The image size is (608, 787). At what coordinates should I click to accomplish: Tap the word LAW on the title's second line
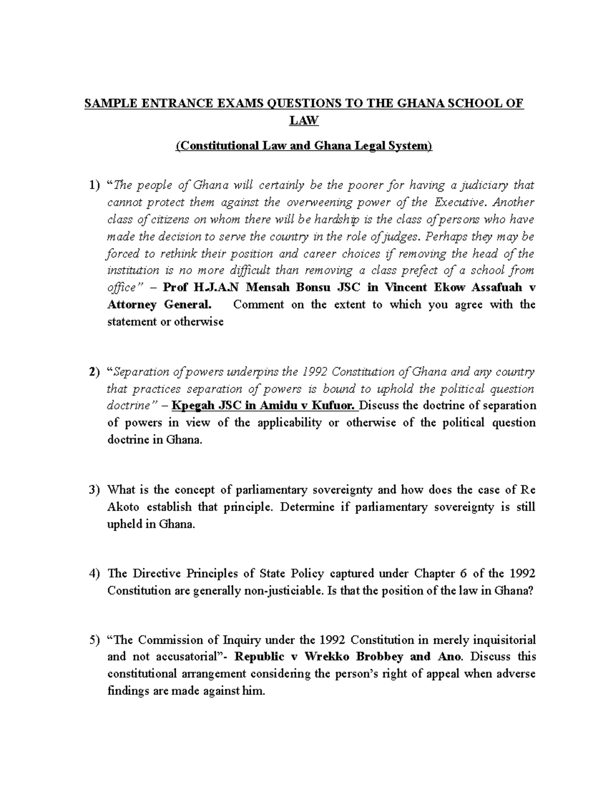point(303,121)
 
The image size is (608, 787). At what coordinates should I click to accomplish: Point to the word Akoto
point(124,507)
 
